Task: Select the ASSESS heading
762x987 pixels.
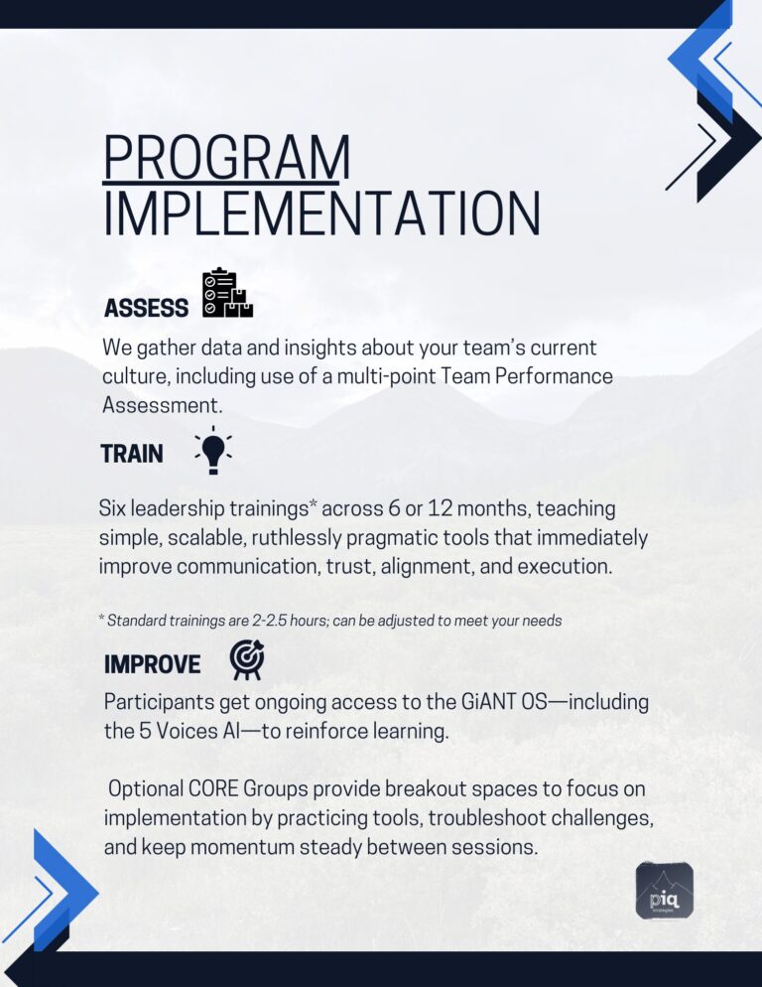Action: pyautogui.click(x=146, y=308)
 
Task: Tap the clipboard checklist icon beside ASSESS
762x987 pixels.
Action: pyautogui.click(x=227, y=293)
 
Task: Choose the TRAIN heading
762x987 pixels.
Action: pyautogui.click(x=132, y=453)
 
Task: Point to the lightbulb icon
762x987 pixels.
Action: pyautogui.click(x=213, y=451)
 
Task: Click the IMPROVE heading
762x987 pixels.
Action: pyautogui.click(x=152, y=664)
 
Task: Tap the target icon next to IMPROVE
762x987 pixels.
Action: pyautogui.click(x=247, y=659)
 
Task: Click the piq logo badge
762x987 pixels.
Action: pyautogui.click(x=665, y=890)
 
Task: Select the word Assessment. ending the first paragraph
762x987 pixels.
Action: pyautogui.click(x=163, y=405)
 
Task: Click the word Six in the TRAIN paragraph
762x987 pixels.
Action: pyautogui.click(x=112, y=508)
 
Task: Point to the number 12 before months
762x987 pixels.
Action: pyautogui.click(x=440, y=508)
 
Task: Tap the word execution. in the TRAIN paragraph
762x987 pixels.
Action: pyautogui.click(x=565, y=566)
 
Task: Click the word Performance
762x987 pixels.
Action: pyautogui.click(x=553, y=375)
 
